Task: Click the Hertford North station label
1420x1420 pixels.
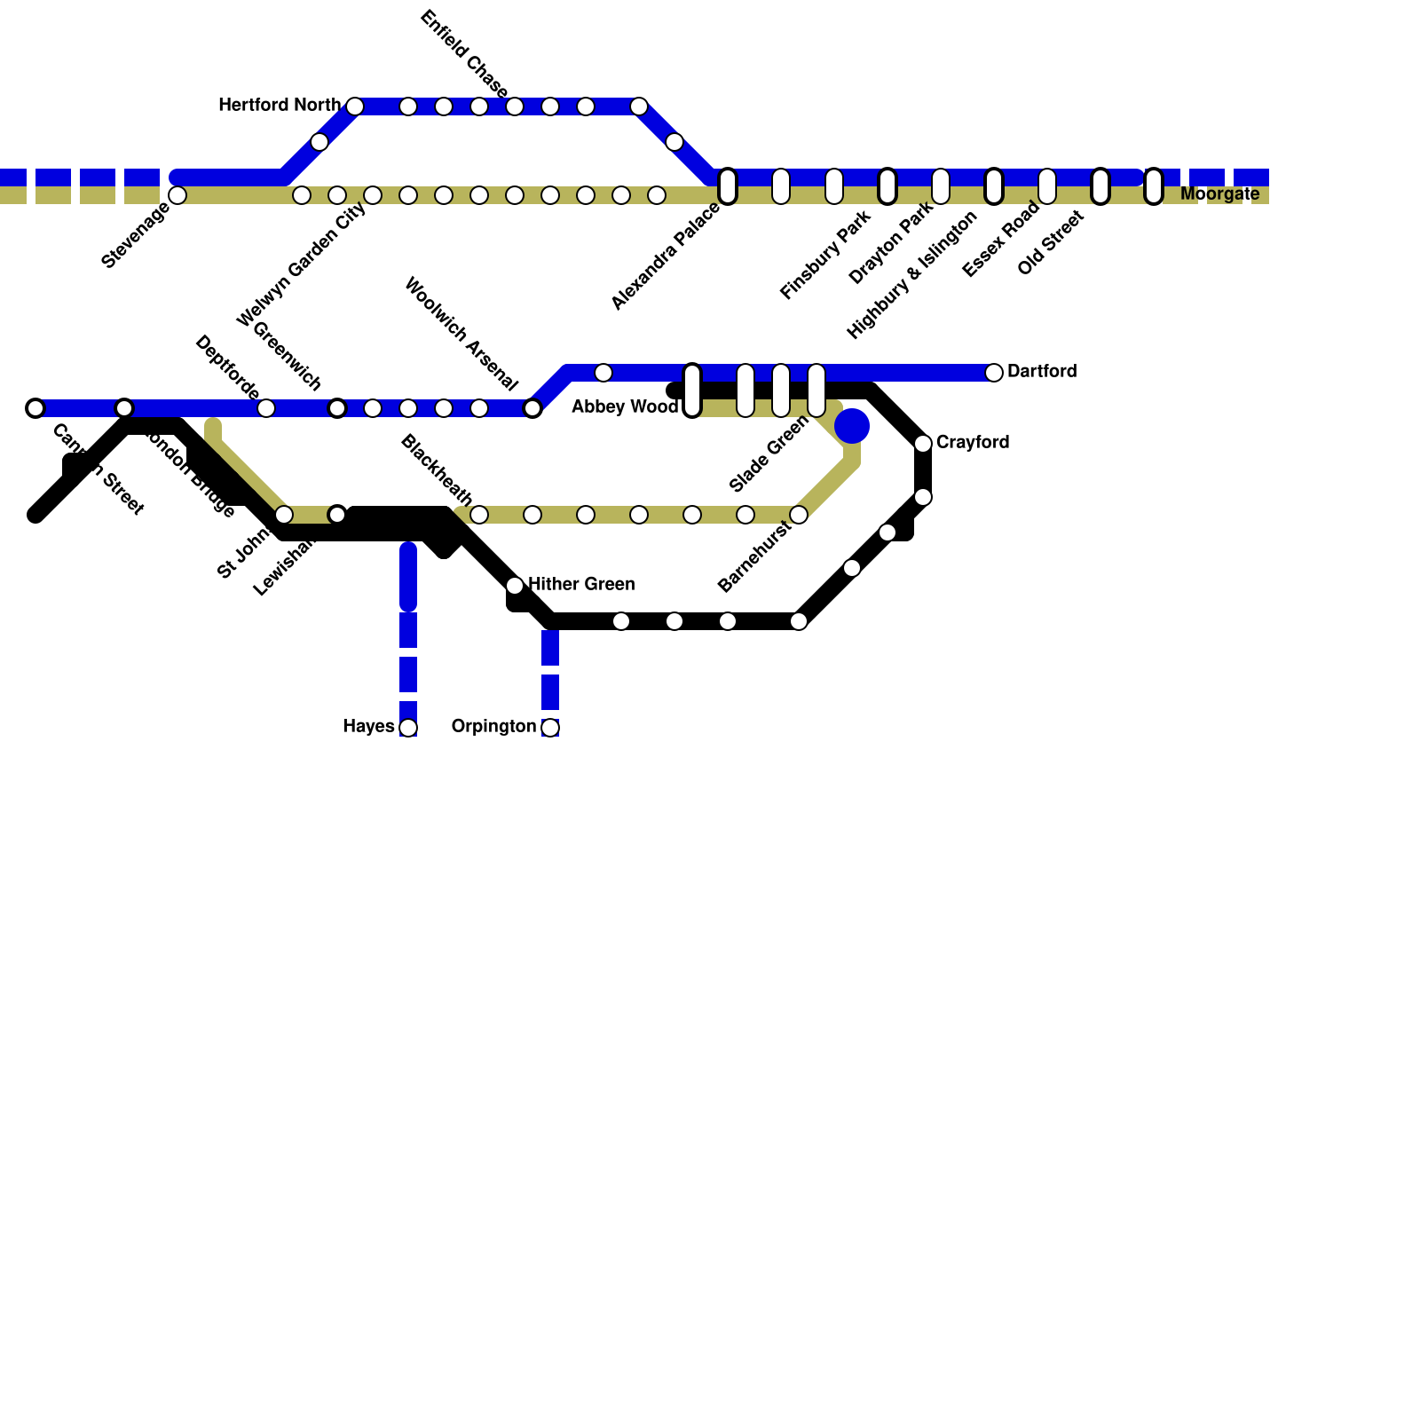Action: (279, 106)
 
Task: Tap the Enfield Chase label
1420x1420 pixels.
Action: (464, 55)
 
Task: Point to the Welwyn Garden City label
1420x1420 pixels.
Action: (302, 264)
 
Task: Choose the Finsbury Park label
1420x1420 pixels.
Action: (825, 254)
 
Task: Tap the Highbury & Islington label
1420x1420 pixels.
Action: (911, 275)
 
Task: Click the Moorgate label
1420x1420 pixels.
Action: (1219, 194)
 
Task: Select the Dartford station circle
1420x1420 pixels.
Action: (994, 373)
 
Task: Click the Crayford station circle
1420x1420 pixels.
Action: (923, 444)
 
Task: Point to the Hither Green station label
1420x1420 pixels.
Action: (581, 585)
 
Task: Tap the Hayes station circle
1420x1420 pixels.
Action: (408, 728)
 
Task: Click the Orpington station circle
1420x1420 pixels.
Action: (550, 728)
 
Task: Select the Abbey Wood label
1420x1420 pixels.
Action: (625, 407)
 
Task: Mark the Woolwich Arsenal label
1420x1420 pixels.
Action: (461, 335)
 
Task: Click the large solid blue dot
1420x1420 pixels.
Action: (852, 426)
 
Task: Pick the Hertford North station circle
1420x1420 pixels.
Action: (355, 106)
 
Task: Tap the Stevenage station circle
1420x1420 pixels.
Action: (177, 195)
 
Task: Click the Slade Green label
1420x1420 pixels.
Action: (769, 454)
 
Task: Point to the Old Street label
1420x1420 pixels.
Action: (1051, 242)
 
